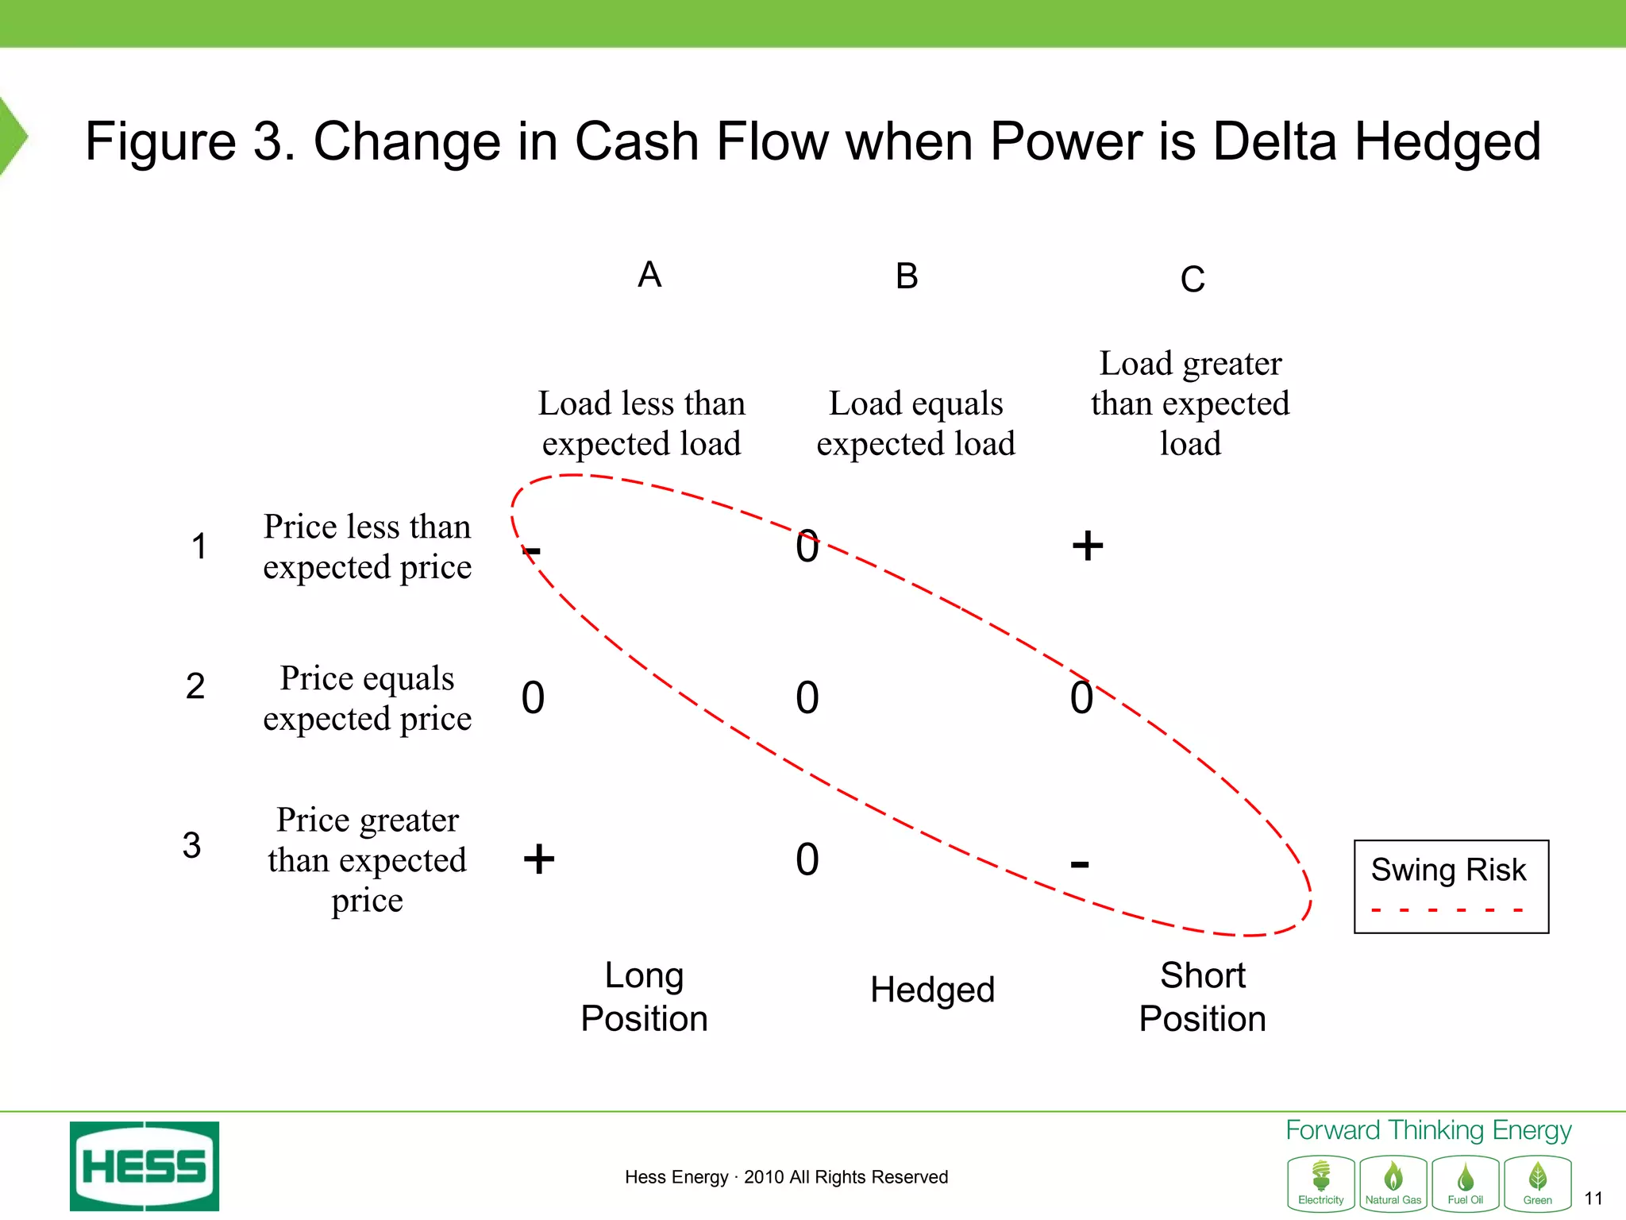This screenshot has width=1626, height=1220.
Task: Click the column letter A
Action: point(649,275)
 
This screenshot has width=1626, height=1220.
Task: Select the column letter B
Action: point(907,276)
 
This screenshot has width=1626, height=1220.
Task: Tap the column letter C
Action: point(1193,280)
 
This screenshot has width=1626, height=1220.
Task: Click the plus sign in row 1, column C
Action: point(1088,546)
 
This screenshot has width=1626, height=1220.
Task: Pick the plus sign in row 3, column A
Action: point(539,859)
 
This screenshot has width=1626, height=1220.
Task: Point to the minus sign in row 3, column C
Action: point(1080,863)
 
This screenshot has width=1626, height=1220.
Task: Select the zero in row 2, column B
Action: point(807,698)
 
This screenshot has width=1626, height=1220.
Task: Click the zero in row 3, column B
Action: point(807,860)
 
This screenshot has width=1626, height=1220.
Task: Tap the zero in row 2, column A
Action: point(533,698)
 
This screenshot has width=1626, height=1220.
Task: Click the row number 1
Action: point(199,546)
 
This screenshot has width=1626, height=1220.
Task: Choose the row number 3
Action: point(191,845)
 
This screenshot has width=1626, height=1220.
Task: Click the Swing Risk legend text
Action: point(1448,870)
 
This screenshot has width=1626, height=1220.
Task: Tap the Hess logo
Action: point(144,1166)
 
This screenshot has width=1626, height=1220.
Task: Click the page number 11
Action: point(1593,1199)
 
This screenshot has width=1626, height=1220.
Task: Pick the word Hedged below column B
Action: point(932,990)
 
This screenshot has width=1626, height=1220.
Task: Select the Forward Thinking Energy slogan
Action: point(1428,1130)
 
